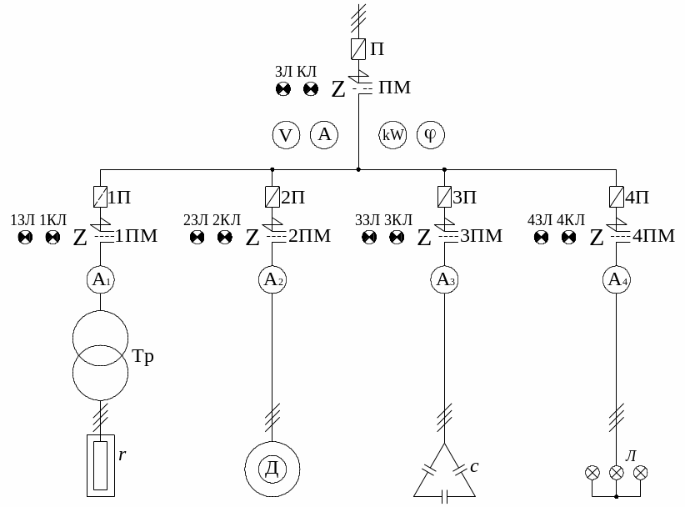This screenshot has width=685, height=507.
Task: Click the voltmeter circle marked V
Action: (x=286, y=134)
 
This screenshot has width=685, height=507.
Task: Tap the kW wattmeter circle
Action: (x=392, y=134)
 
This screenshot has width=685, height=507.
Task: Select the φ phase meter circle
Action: (x=431, y=134)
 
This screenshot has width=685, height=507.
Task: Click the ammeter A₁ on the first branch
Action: (x=99, y=280)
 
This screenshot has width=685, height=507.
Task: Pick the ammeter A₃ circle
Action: (x=443, y=280)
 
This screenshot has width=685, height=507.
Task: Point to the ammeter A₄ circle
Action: (x=617, y=280)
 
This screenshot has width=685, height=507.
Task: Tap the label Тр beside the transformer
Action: (x=143, y=357)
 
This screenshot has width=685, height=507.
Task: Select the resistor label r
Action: (x=122, y=455)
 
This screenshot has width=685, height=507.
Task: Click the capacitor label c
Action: (x=473, y=466)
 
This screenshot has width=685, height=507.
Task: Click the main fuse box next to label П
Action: (x=357, y=48)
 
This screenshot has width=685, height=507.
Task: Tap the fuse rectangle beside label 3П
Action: (x=443, y=197)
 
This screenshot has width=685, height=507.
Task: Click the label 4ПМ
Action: (x=653, y=236)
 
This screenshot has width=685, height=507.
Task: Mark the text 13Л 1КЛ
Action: (x=38, y=220)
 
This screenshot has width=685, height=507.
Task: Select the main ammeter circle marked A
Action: (x=324, y=134)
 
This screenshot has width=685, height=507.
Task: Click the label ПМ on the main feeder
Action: (x=394, y=88)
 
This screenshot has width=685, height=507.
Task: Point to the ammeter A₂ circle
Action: (x=272, y=280)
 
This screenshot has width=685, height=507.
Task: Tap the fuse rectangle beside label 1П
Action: (x=99, y=197)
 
